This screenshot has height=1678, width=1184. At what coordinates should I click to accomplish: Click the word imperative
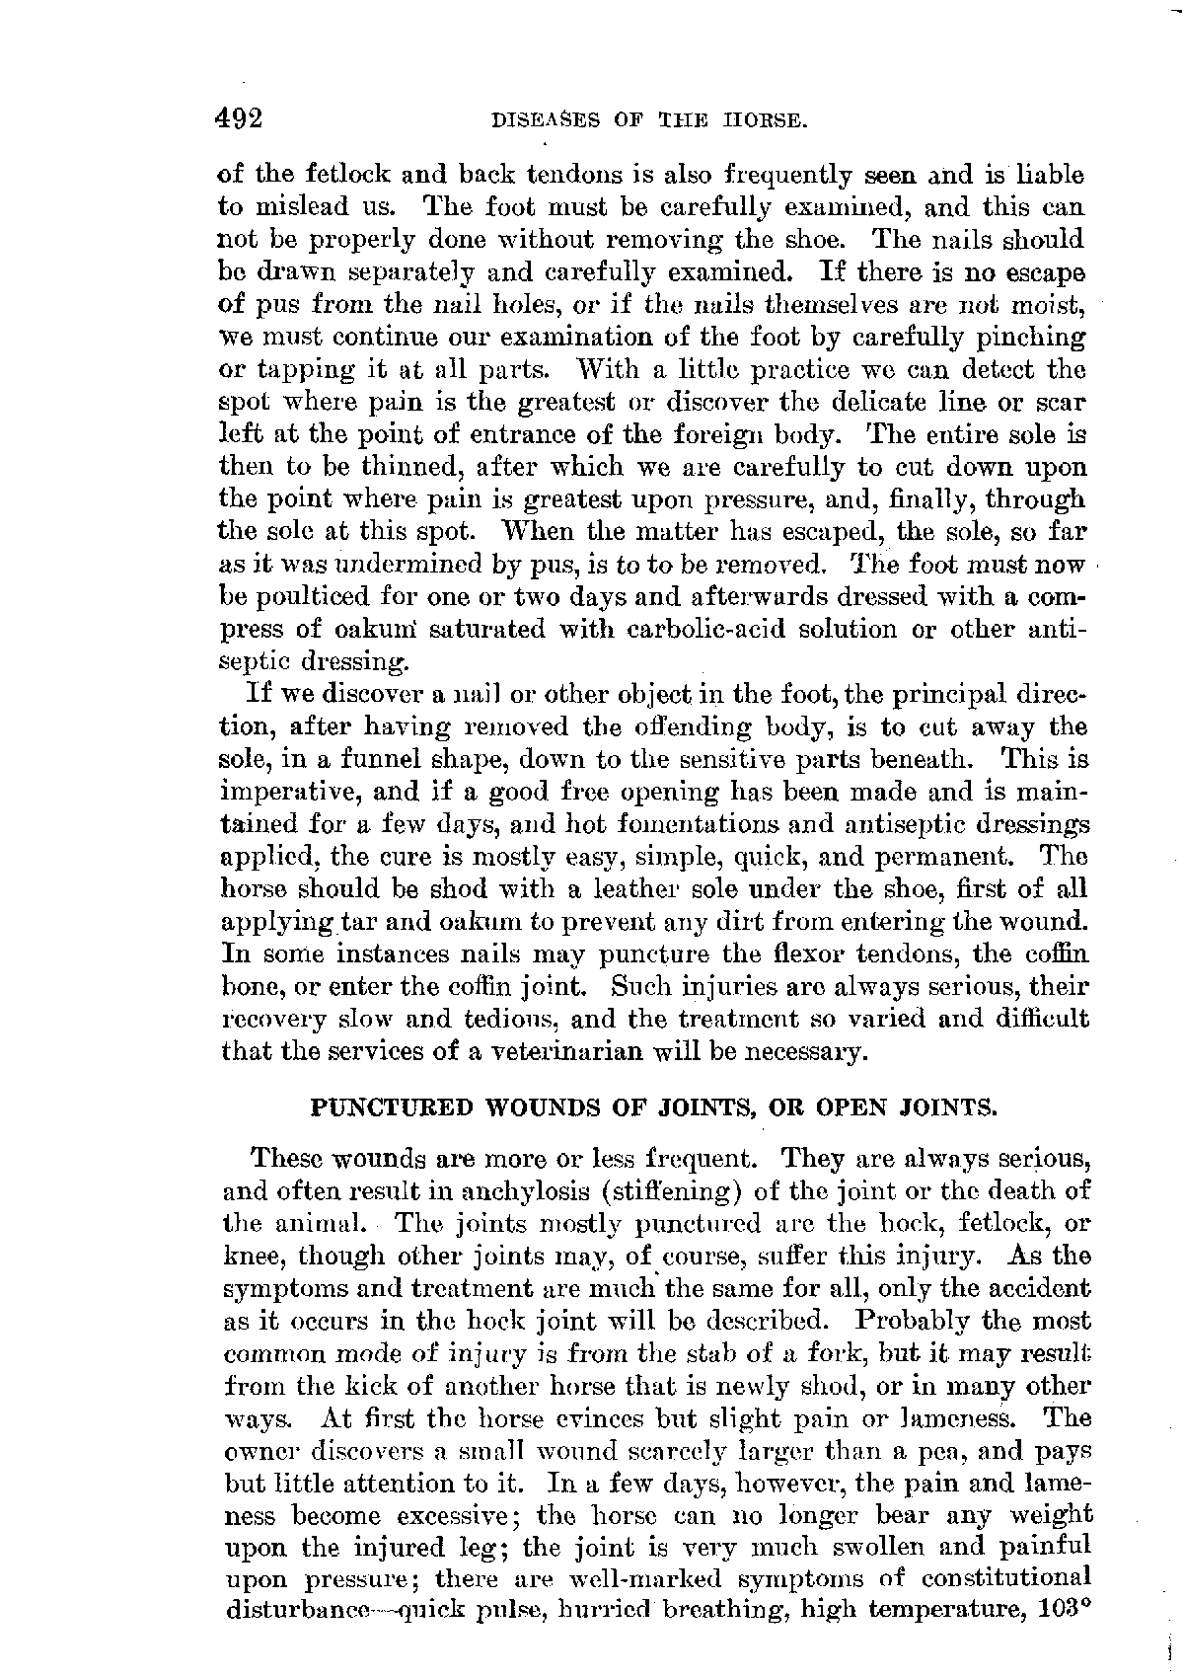point(288,793)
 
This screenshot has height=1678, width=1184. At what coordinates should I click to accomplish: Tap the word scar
point(1062,402)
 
